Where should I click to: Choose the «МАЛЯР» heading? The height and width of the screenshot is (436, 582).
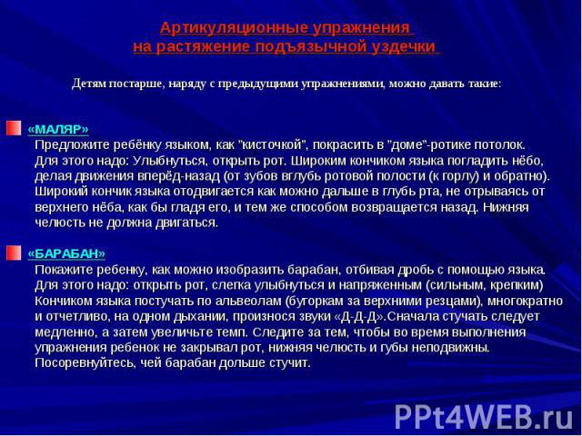point(58,129)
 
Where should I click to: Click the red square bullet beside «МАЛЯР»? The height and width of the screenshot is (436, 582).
point(14,128)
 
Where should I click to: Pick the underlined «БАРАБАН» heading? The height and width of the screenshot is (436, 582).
point(66,253)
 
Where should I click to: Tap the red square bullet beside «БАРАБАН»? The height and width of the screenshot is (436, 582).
point(14,253)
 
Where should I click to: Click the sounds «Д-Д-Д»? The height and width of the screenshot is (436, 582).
point(359,317)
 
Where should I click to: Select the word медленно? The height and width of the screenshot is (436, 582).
point(65,332)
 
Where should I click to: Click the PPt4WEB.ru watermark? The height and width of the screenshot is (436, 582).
point(485,418)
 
